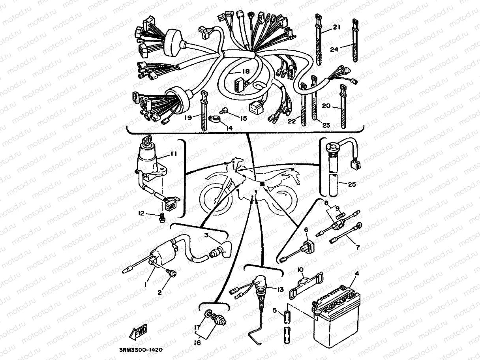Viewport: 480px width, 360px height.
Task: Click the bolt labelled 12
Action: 162,217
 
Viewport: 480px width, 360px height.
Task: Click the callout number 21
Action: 336,27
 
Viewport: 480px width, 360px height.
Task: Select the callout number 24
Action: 334,49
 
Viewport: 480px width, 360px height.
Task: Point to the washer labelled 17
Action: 207,315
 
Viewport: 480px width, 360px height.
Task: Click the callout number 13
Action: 280,289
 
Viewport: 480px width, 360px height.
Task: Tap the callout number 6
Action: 306,230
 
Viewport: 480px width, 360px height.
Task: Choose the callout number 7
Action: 358,247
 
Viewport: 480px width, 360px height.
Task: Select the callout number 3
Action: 206,236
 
